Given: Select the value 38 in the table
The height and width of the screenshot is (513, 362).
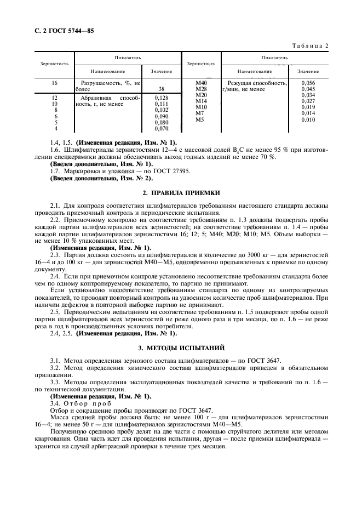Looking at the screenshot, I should pos(161,89).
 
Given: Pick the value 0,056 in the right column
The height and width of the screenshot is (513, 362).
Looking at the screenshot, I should pos(308,83).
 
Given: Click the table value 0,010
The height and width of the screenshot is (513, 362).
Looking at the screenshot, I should pos(308,119).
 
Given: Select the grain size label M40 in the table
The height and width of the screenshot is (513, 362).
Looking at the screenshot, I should pos(200,83).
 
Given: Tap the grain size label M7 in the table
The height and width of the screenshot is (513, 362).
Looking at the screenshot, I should pos(200,113).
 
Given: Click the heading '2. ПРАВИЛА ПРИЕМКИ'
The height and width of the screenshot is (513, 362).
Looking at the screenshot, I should pos(181,193).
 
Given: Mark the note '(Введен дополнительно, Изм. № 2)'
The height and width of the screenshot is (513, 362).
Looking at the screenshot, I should pos(102,178).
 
